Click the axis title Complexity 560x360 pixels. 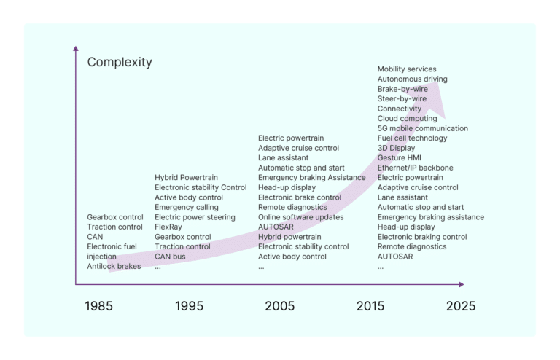click(120, 63)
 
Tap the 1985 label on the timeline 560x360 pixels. click(99, 306)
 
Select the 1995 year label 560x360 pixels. click(190, 306)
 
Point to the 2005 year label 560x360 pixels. click(280, 306)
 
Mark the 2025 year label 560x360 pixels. click(461, 306)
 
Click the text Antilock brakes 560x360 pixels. click(114, 267)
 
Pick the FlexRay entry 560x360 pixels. click(168, 227)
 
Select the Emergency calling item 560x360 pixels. click(186, 208)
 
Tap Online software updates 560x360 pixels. click(300, 217)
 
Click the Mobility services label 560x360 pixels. click(407, 69)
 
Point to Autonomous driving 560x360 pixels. click(412, 79)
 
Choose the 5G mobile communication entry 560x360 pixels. click(422, 128)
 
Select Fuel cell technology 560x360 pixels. click(412, 138)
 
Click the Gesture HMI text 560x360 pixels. click(399, 158)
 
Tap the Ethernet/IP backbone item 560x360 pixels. click(415, 168)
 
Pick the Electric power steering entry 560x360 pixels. click(195, 217)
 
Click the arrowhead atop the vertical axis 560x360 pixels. click(76, 48)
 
